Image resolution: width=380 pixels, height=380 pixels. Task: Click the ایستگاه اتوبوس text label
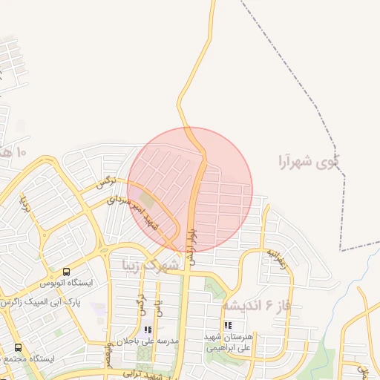[x=68, y=283]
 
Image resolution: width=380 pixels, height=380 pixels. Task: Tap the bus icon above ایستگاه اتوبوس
[x=67, y=272]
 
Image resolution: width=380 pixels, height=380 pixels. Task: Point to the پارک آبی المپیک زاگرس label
[x=45, y=303]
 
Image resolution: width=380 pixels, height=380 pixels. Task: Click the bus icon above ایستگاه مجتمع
[x=18, y=347]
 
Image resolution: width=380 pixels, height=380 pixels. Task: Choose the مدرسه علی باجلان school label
[x=146, y=341]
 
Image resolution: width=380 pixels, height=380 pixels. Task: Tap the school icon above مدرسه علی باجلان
[x=147, y=330]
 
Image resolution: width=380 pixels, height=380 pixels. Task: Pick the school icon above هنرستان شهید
[x=228, y=325]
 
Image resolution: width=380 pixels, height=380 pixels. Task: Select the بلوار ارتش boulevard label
[x=191, y=245]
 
